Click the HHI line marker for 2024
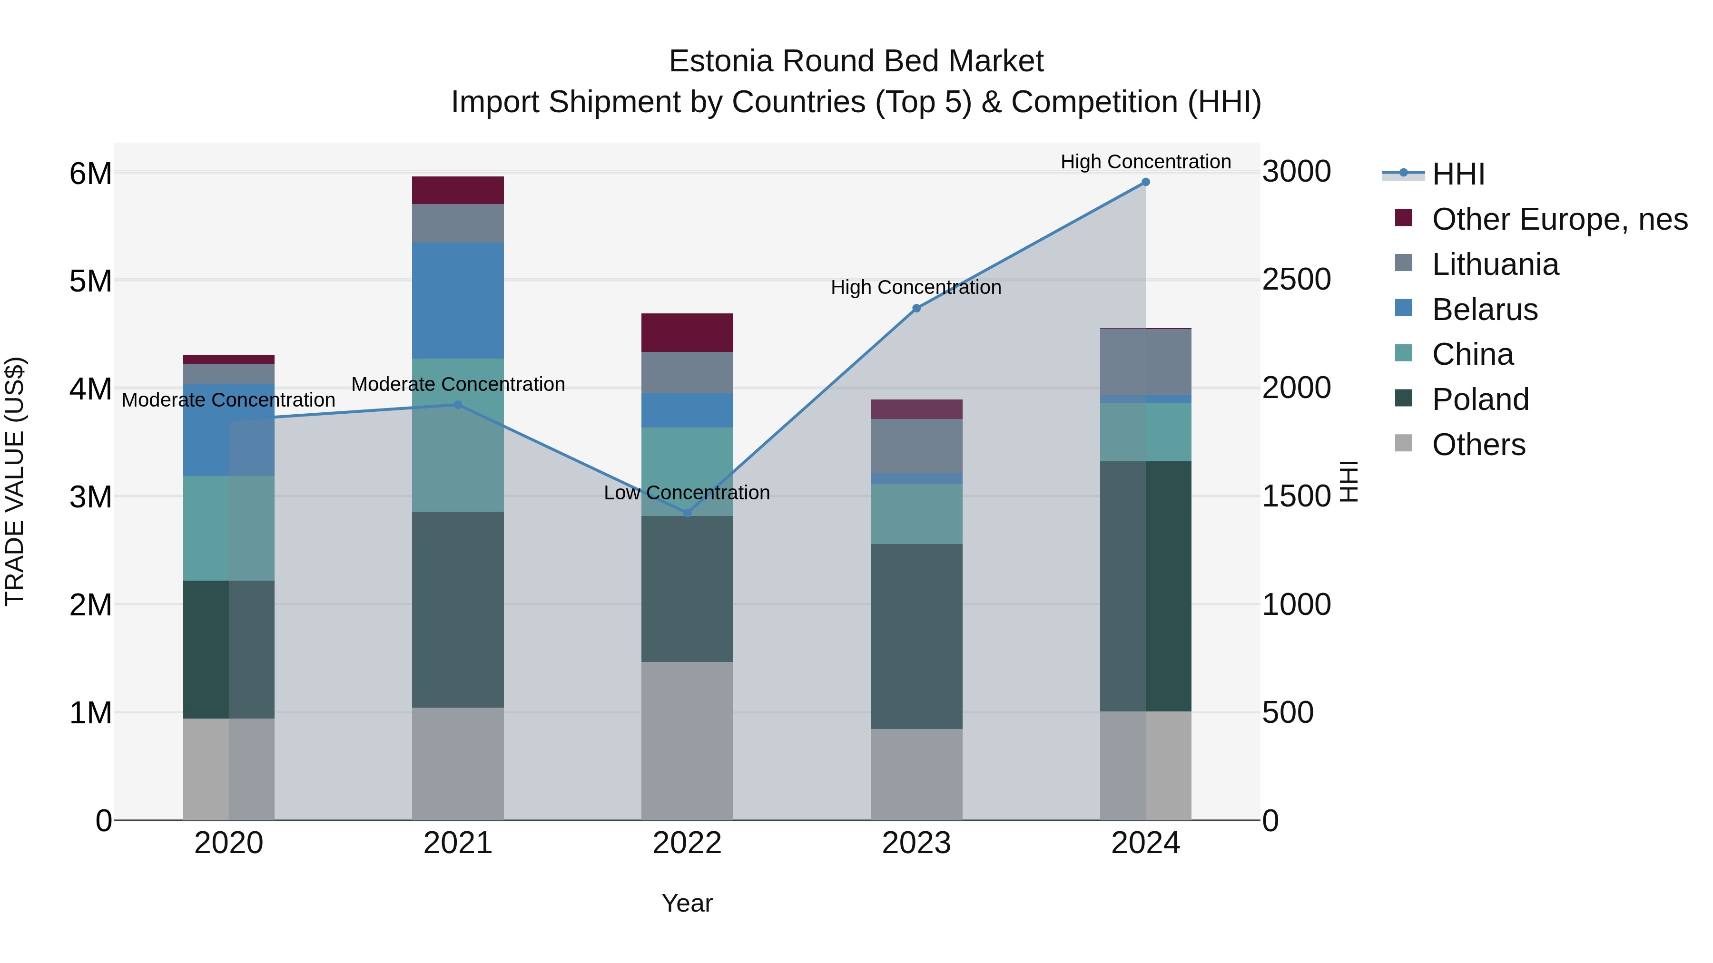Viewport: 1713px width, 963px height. click(1145, 182)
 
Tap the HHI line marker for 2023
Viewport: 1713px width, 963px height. click(916, 308)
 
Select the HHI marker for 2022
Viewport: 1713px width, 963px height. click(687, 513)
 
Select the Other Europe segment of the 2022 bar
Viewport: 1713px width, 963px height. click(687, 332)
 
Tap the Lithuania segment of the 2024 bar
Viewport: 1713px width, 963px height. click(1145, 362)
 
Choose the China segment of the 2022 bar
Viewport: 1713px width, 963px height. click(687, 472)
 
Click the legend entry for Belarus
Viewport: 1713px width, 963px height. click(1484, 310)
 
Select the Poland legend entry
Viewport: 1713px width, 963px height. click(1480, 399)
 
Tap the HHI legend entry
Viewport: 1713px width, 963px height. click(1457, 174)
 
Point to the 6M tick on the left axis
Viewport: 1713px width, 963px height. click(90, 174)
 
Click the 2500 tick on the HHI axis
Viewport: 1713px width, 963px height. click(1296, 280)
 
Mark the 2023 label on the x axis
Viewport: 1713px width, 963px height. click(916, 843)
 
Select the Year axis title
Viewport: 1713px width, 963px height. click(687, 903)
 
